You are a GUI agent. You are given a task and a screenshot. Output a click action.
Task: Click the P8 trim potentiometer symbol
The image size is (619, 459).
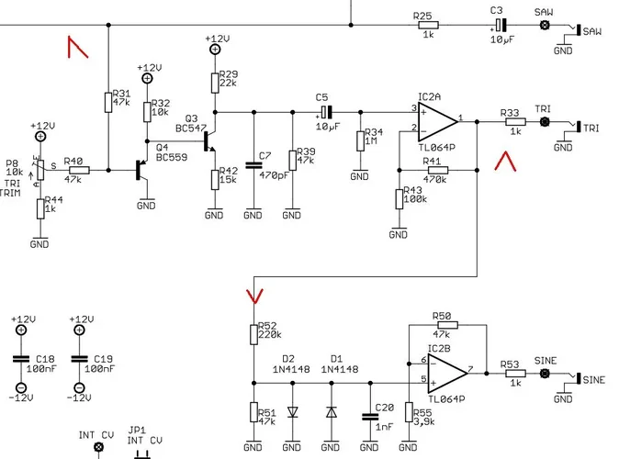(39, 170)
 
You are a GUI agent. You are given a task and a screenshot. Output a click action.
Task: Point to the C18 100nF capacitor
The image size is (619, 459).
(20, 359)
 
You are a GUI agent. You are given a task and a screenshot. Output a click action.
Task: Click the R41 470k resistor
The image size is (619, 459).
(436, 170)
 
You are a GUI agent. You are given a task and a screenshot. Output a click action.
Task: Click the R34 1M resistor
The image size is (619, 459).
(359, 140)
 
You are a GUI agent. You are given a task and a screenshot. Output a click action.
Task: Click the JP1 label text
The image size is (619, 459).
(137, 430)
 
